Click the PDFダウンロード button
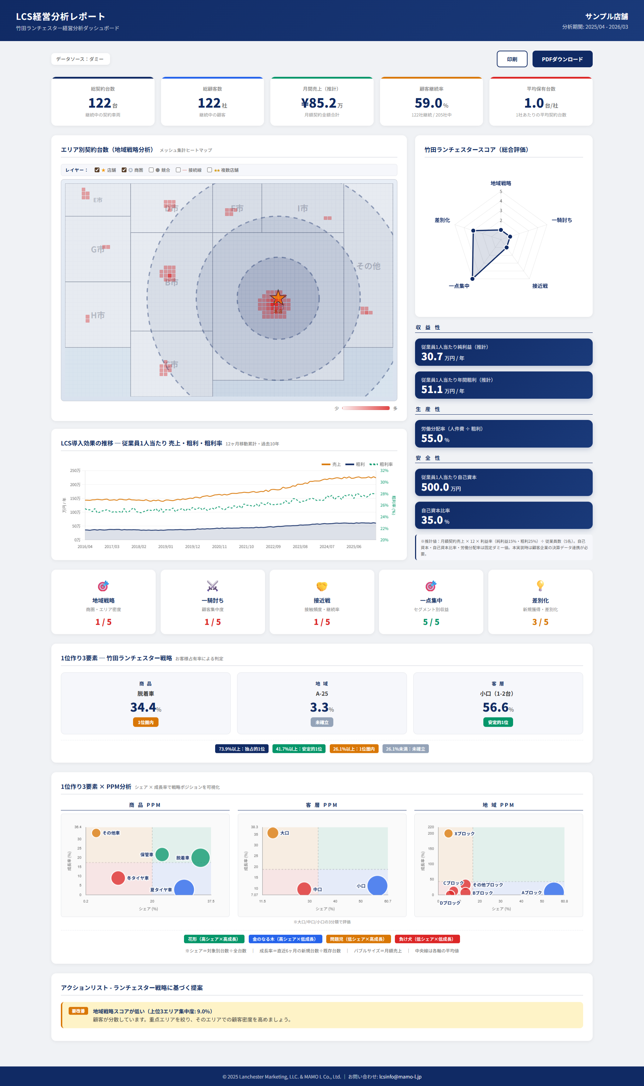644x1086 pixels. pos(562,59)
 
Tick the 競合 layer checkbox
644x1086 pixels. pos(151,170)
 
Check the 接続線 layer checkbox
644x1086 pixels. pos(178,170)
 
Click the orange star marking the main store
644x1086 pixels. pos(278,298)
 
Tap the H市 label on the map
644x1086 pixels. pos(98,315)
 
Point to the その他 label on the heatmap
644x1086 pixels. pos(368,266)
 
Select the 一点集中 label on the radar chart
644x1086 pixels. pos(459,286)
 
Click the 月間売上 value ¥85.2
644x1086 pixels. pos(319,103)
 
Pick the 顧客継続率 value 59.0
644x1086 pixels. pos(428,103)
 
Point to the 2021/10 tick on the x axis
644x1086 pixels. pos(246,547)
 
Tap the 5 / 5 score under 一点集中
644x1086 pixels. pos(431,622)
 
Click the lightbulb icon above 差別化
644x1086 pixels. pos(540,585)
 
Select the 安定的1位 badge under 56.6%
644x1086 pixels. pos(498,722)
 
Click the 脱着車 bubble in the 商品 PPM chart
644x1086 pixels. pos(201,858)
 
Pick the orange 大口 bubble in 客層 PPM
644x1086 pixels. pos(272,833)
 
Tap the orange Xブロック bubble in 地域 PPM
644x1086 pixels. pos(448,833)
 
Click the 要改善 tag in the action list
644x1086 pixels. pos(78,1011)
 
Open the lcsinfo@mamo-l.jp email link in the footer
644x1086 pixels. pos(400,1076)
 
